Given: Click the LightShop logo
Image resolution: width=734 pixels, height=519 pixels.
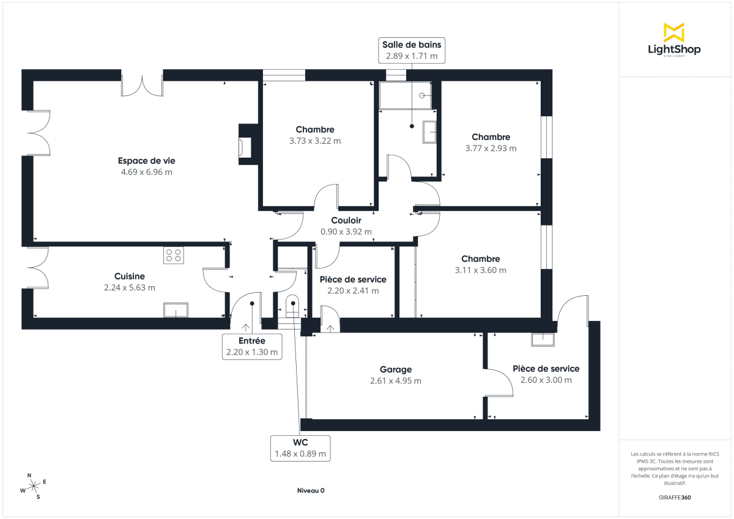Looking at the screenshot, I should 673,40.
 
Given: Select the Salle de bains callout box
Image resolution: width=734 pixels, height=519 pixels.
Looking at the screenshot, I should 412,50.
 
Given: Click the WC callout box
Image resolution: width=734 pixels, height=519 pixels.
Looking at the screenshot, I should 300,448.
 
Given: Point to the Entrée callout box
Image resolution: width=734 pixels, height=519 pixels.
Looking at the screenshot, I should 252,346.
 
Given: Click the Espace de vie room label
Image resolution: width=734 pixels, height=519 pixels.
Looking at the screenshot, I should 147,161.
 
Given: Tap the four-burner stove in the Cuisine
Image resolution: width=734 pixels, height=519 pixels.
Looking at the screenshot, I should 173,255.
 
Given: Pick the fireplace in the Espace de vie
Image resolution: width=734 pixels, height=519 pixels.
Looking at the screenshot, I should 245,147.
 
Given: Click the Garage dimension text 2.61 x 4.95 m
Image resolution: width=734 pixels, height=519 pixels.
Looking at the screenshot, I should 396,380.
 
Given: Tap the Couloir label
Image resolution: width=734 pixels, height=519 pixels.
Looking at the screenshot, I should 346,220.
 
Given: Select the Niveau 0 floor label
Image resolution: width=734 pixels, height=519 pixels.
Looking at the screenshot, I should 311,490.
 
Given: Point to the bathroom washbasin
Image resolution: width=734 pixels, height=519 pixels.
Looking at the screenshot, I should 429,131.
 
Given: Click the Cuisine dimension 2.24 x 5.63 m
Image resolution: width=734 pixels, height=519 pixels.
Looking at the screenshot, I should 130,287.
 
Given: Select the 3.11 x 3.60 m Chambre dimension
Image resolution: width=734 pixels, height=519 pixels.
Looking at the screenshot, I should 481,270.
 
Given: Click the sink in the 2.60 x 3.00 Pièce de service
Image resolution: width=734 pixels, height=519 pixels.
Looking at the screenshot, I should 543,339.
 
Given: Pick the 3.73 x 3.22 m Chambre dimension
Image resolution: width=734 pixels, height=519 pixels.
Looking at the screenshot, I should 315,141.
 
